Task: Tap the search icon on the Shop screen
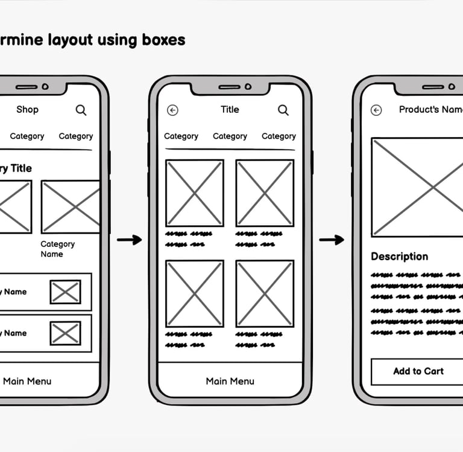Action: point(81,110)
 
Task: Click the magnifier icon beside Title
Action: point(283,110)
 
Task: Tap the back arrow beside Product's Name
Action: point(376,110)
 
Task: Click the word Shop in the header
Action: point(27,109)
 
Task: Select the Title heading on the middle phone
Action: point(230,109)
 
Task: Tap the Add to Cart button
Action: point(418,371)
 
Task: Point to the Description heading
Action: point(399,256)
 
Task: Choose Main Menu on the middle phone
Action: point(230,381)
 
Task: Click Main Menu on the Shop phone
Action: point(27,381)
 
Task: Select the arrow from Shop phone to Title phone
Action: point(129,240)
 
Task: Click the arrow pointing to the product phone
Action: point(331,240)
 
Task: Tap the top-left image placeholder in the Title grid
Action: point(195,193)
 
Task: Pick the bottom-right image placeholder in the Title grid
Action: point(265,293)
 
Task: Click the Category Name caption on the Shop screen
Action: point(57,249)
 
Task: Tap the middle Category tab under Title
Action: point(230,136)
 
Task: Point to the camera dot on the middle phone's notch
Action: point(248,87)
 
